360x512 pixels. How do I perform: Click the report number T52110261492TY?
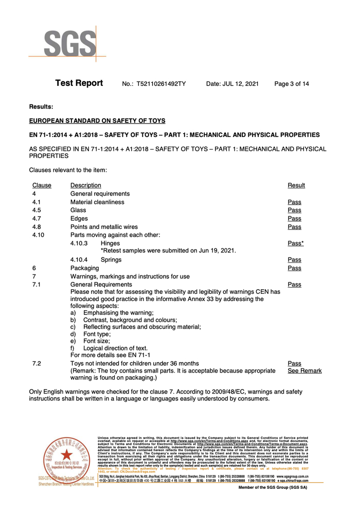(161, 84)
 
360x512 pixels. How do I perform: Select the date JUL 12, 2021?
(232, 84)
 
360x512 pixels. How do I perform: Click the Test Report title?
(79, 83)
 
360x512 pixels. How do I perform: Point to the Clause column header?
(42, 185)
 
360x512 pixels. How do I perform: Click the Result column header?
(296, 185)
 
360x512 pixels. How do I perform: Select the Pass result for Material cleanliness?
(294, 202)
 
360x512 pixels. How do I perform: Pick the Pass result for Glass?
(294, 210)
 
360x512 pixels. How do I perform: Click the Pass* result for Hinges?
(295, 243)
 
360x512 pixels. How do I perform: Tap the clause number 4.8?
(37, 227)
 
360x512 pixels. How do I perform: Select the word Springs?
(111, 260)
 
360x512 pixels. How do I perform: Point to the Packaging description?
(85, 268)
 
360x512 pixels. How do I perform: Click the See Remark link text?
(304, 371)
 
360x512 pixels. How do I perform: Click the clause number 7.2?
(37, 364)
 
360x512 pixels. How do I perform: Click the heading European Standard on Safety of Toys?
(97, 121)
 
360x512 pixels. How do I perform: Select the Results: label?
(41, 107)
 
